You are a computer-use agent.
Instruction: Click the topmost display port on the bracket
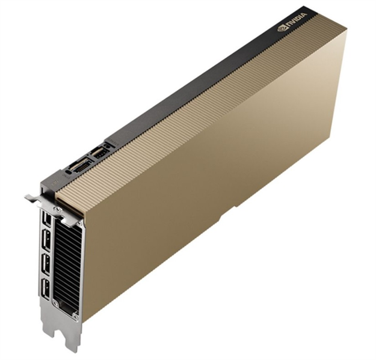pos(47,219)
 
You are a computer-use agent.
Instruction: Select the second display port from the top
pos(46,240)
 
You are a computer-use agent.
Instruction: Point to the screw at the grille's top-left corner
pos(57,209)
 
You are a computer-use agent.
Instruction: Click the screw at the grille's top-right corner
pos(79,224)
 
